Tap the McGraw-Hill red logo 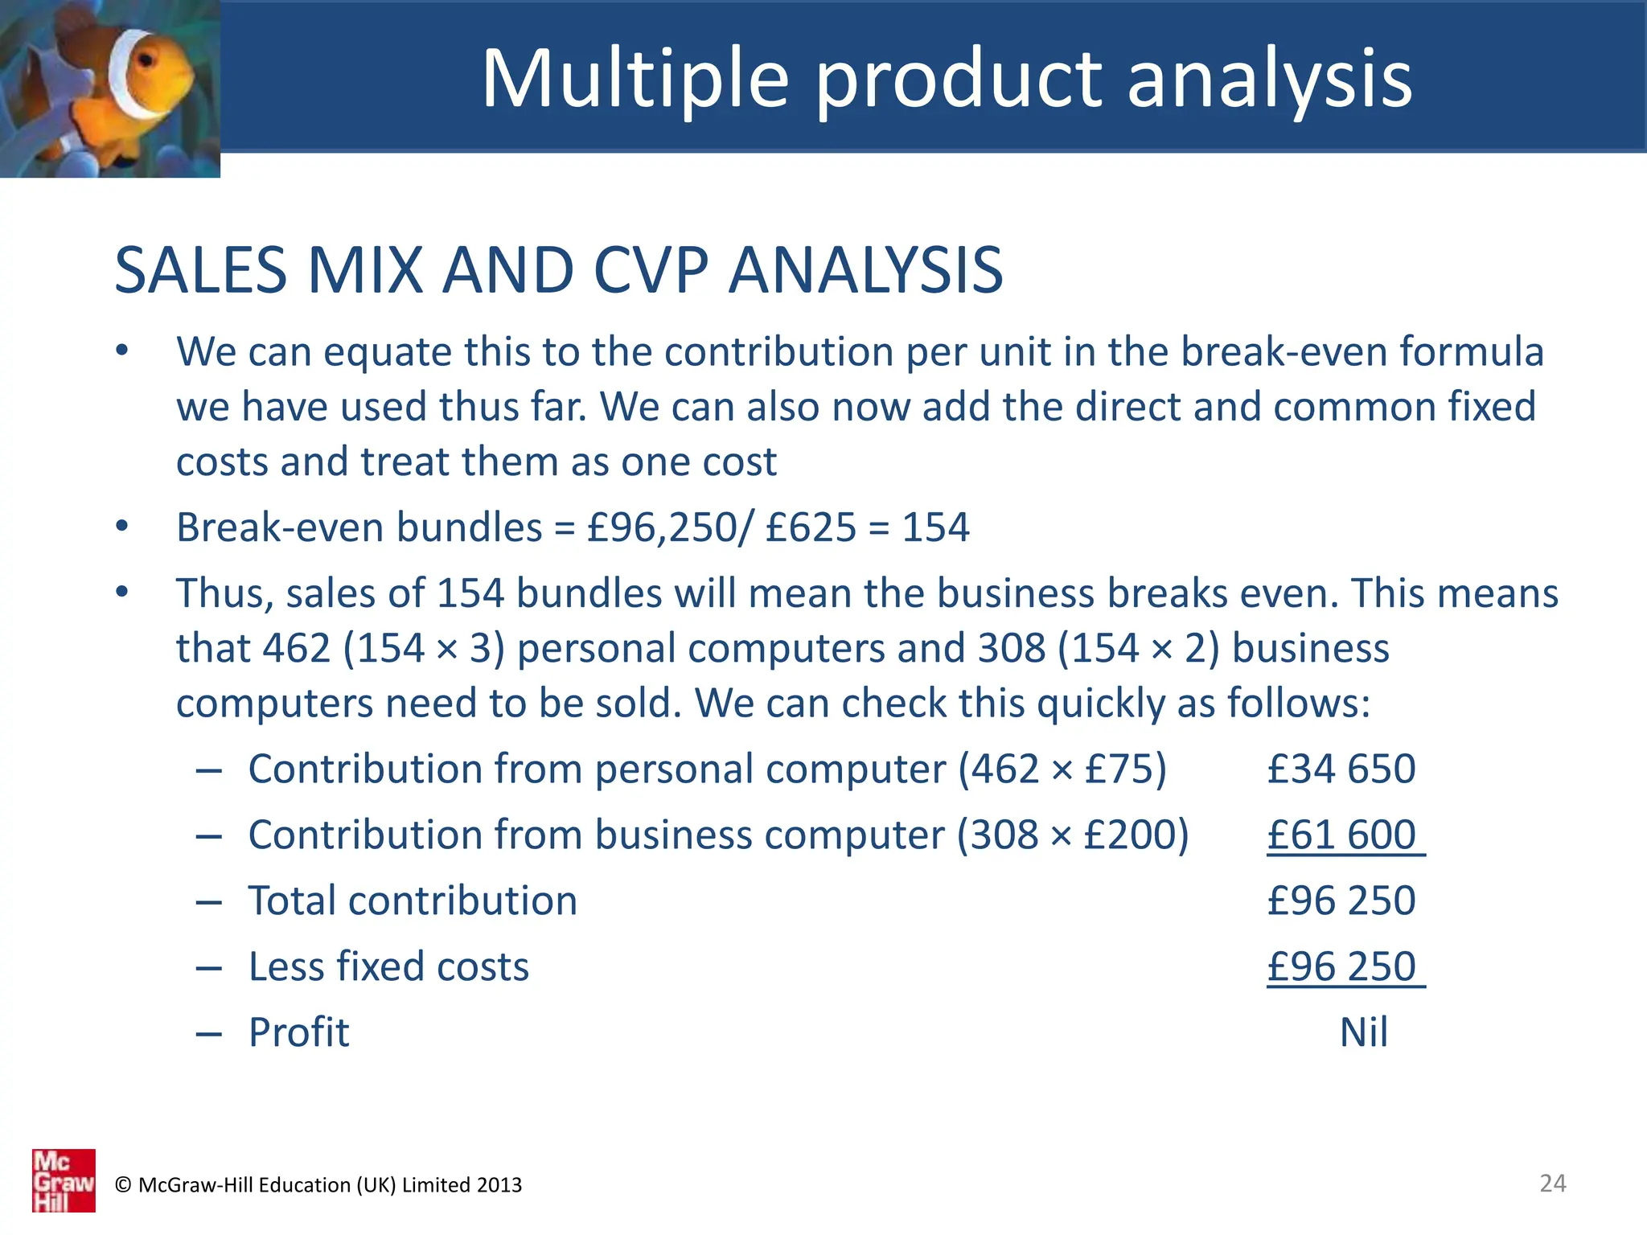pyautogui.click(x=64, y=1180)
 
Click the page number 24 pyautogui.click(x=1552, y=1183)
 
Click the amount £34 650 pyautogui.click(x=1341, y=769)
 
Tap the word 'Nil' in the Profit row pyautogui.click(x=1363, y=1032)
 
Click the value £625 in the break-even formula pyautogui.click(x=811, y=527)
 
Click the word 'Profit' pyautogui.click(x=299, y=1032)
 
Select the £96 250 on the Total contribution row pyautogui.click(x=1341, y=901)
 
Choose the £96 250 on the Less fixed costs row pyautogui.click(x=1341, y=966)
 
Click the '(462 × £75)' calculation pyautogui.click(x=1062, y=769)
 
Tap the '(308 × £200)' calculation pyautogui.click(x=1072, y=835)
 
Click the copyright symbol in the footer pyautogui.click(x=123, y=1185)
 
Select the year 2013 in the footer pyautogui.click(x=499, y=1185)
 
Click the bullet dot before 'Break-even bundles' pyautogui.click(x=121, y=526)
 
